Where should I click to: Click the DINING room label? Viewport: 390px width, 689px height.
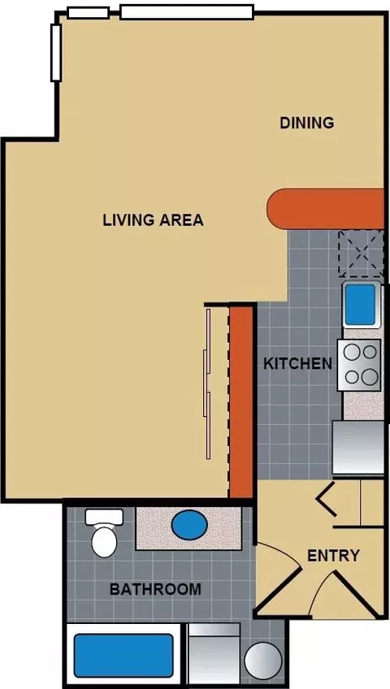click(307, 123)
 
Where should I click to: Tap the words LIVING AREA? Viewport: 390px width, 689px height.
click(154, 219)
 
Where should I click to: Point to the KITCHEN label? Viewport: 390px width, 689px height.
click(297, 363)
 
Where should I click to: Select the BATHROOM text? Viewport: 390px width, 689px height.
click(155, 589)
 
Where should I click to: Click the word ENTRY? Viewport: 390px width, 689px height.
click(333, 556)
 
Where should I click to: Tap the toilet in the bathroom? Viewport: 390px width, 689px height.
click(105, 532)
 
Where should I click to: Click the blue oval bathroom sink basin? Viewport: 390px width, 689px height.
click(189, 525)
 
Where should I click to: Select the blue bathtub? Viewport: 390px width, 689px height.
click(123, 655)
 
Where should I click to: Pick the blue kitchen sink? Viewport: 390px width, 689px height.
click(361, 304)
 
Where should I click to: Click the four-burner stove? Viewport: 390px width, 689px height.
click(359, 365)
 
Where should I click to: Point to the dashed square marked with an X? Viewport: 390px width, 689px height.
click(361, 253)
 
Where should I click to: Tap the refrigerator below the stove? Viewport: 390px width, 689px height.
click(358, 448)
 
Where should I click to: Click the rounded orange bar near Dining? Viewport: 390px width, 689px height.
click(326, 209)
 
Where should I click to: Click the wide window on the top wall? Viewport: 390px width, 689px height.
click(187, 12)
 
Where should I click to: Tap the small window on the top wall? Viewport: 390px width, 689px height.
click(88, 13)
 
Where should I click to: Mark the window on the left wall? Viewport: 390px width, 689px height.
click(56, 53)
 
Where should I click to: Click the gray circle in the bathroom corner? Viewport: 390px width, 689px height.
click(263, 661)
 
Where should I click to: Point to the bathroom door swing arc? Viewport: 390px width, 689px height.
click(284, 552)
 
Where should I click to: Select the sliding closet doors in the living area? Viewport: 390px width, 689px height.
click(208, 383)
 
